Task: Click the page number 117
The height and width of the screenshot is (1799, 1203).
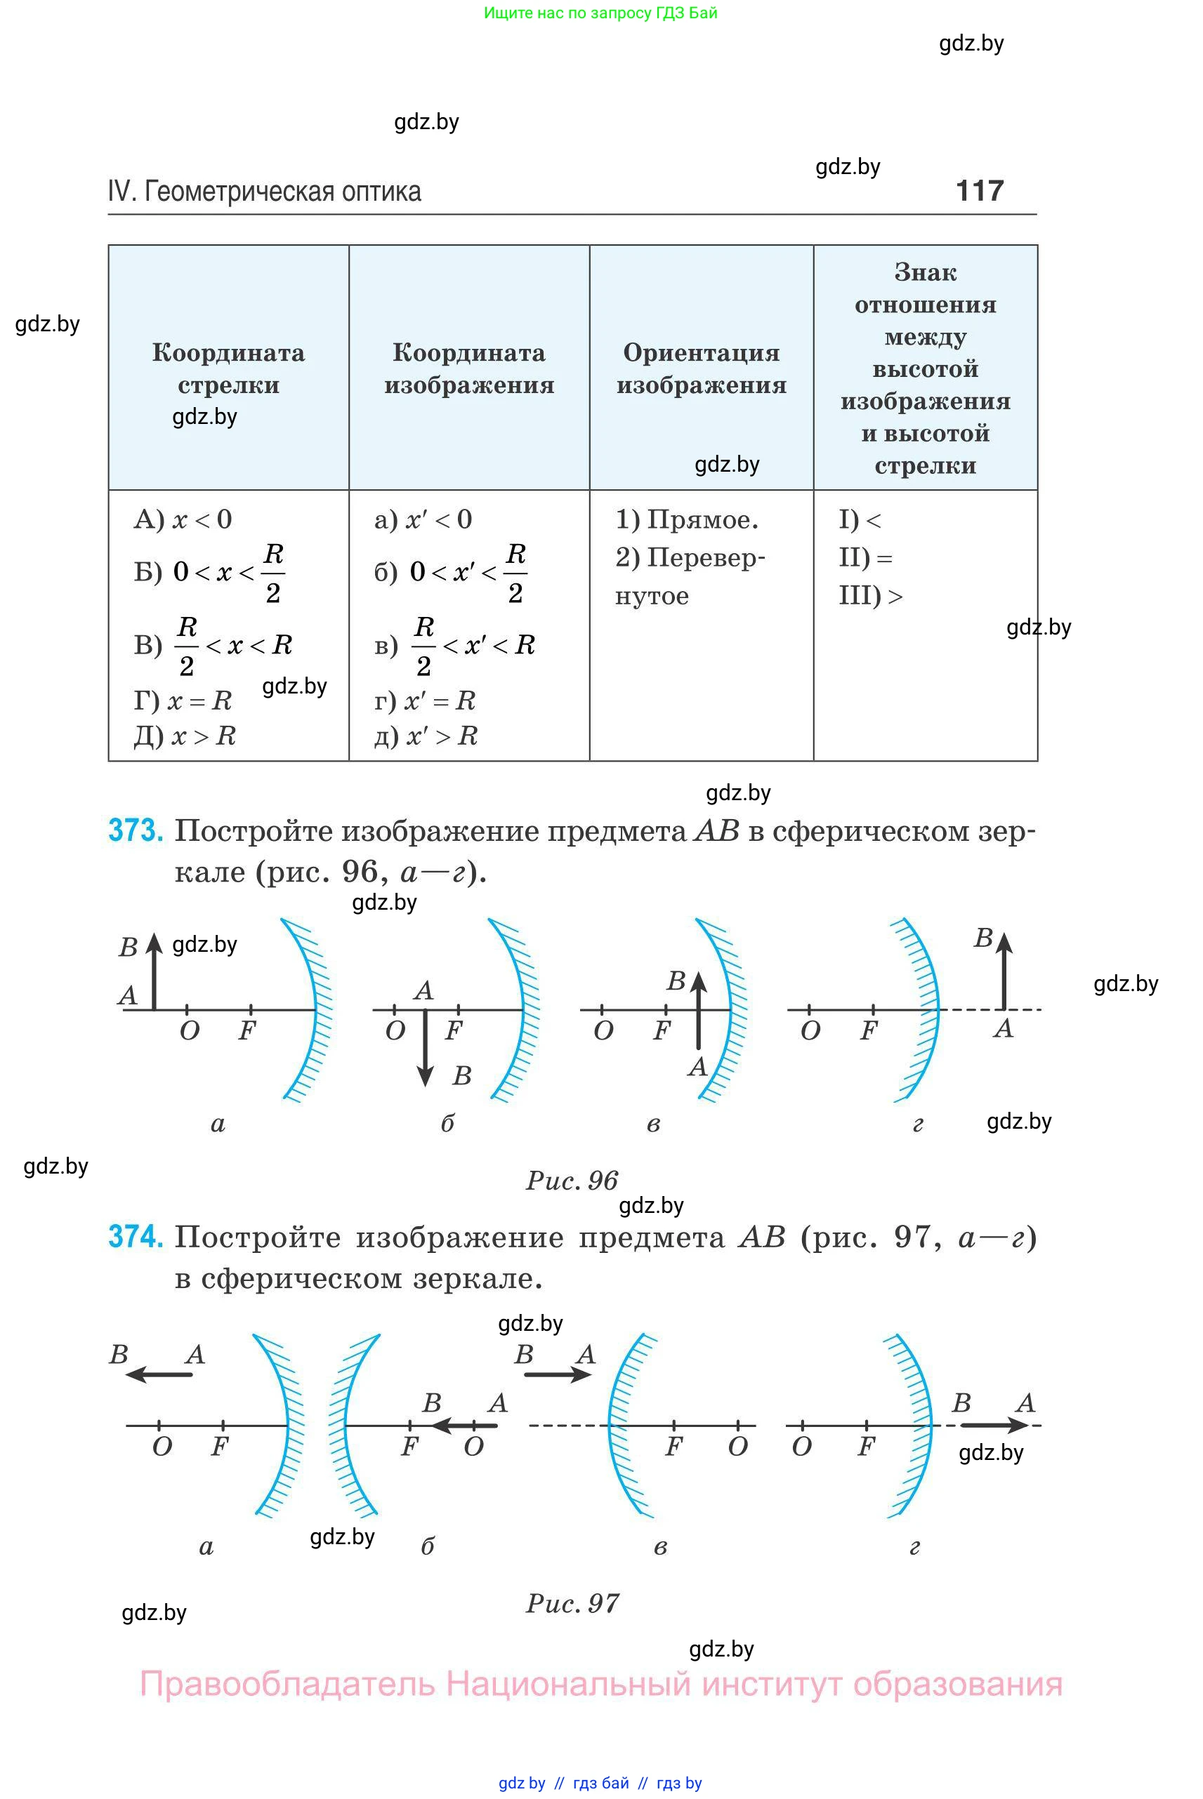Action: tap(979, 190)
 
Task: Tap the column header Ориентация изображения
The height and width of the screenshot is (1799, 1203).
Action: tap(702, 368)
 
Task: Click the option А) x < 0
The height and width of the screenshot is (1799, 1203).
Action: tap(183, 519)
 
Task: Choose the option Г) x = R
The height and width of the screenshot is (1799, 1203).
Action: tap(183, 700)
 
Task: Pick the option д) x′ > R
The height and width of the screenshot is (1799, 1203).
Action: tap(426, 736)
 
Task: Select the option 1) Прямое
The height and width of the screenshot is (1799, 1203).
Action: tap(687, 519)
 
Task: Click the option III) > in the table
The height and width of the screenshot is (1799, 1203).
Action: tap(870, 595)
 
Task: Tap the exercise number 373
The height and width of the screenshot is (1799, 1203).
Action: tap(135, 830)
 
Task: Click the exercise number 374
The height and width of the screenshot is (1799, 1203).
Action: tap(135, 1236)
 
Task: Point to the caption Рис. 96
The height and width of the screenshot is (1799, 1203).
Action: tap(572, 1180)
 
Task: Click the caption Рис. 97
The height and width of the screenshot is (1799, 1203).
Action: tap(572, 1602)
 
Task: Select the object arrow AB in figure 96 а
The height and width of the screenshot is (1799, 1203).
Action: tap(155, 972)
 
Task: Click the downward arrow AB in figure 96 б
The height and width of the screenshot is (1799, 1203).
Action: tap(425, 1047)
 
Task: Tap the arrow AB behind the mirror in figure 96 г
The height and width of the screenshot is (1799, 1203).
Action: tap(1004, 971)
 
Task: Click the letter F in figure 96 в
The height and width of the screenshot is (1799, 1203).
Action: tap(662, 1030)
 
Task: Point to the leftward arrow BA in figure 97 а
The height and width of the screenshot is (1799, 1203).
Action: tap(159, 1374)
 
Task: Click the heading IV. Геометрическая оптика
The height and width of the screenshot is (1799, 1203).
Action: tap(265, 191)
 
